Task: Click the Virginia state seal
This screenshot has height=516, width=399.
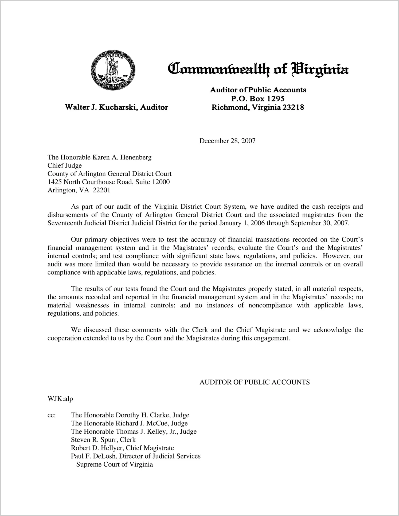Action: click(113, 70)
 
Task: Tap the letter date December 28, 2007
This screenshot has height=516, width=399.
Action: click(227, 141)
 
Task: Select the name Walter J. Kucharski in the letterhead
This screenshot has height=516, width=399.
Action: click(101, 107)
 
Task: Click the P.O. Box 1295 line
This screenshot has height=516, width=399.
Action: click(258, 99)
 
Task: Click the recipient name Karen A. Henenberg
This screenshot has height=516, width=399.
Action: click(122, 157)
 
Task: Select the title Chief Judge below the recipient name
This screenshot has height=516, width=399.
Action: click(65, 165)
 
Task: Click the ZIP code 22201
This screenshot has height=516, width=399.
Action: click(101, 190)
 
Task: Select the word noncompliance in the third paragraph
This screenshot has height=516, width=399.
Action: click(270, 305)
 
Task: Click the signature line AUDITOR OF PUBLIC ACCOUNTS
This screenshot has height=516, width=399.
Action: click(255, 382)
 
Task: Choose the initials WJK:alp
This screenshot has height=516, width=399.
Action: click(60, 399)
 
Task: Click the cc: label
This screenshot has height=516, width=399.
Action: click(52, 415)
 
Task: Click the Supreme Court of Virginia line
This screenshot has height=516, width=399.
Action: click(115, 464)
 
